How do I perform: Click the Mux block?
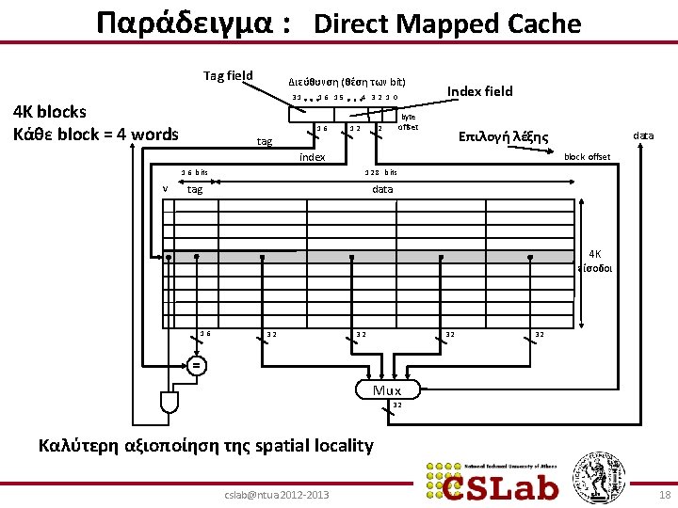tap(387, 390)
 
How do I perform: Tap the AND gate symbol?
tap(169, 403)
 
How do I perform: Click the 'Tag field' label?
tap(228, 75)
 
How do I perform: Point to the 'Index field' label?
tap(480, 91)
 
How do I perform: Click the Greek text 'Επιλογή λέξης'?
tap(503, 136)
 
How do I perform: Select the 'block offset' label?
tap(586, 157)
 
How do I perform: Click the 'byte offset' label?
tap(408, 121)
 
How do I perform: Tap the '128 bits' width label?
tap(381, 172)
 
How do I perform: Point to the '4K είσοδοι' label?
tap(597, 260)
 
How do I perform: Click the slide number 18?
tap(665, 495)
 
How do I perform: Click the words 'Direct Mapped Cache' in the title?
tap(447, 24)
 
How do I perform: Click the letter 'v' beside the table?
tap(165, 189)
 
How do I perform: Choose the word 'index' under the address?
tap(312, 157)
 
